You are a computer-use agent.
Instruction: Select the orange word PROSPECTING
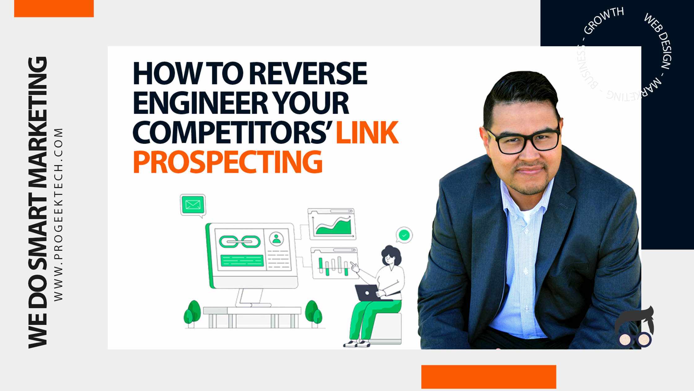[x=228, y=162]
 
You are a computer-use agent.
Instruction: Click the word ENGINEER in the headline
[x=200, y=103]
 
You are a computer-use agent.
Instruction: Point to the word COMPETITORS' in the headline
[x=233, y=133]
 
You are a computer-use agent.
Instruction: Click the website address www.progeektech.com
[x=58, y=214]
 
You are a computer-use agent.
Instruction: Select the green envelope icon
[x=193, y=205]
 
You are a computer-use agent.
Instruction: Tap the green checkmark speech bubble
[x=404, y=235]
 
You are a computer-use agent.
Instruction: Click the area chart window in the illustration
[x=332, y=224]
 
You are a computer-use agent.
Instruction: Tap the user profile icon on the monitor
[x=276, y=238]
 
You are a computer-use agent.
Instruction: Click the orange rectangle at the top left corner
[x=54, y=8]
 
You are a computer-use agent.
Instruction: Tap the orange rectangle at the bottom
[x=489, y=377]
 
